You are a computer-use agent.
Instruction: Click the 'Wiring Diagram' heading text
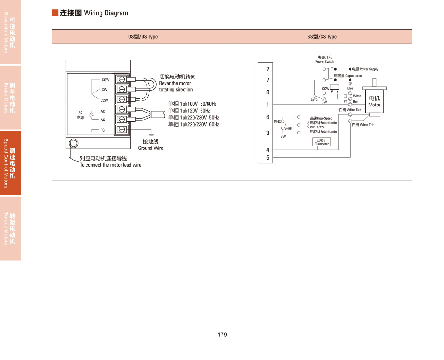point(106,13)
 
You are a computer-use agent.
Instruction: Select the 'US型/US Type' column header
point(143,37)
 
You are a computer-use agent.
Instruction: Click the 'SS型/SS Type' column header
point(322,37)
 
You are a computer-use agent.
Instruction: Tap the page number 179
point(222,335)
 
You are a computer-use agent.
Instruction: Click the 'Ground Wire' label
point(150,148)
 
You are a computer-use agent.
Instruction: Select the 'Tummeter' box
point(322,142)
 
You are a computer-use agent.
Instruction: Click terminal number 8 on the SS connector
point(268,92)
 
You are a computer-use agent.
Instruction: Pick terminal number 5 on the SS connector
point(268,158)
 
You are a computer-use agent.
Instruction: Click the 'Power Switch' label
point(325,62)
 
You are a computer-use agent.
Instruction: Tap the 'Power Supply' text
point(369,69)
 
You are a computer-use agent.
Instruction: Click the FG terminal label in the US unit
point(103,129)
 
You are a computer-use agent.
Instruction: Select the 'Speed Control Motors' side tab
point(10,163)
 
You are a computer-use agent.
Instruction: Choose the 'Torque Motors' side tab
point(10,228)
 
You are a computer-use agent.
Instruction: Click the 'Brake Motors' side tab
point(10,98)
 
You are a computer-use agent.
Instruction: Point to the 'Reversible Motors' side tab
point(10,32)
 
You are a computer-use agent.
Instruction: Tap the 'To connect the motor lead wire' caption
point(110,165)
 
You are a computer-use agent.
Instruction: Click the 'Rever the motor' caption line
point(175,83)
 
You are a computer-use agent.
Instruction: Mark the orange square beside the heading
point(55,13)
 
